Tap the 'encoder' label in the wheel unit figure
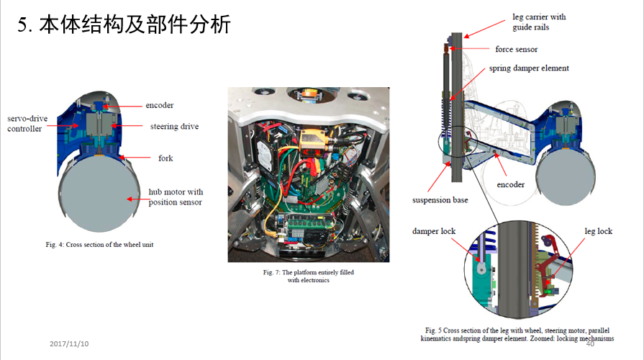point(159,105)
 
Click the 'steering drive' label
point(174,126)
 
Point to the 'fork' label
point(165,157)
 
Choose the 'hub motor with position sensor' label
point(176,197)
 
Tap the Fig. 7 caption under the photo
point(308,276)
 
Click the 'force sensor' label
point(516,49)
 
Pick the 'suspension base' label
point(440,199)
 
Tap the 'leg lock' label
point(598,231)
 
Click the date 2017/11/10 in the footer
point(69,343)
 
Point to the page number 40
point(590,343)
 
